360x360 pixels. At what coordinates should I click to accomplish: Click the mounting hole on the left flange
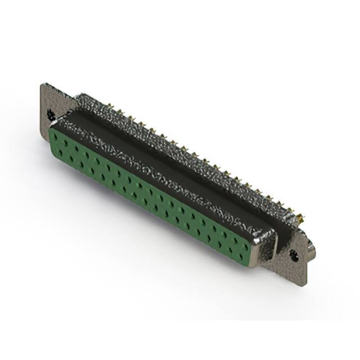coord(51,114)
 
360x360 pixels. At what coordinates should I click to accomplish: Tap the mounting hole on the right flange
coord(294,254)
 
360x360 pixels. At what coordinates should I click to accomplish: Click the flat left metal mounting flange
coord(48,101)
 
